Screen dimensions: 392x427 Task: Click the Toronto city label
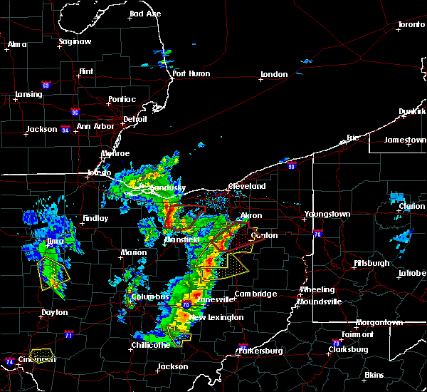click(x=411, y=25)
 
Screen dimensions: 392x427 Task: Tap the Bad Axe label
click(x=145, y=14)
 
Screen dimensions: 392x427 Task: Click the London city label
click(x=274, y=75)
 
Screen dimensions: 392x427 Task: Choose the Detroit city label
click(x=135, y=119)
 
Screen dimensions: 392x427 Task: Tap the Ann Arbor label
click(x=95, y=127)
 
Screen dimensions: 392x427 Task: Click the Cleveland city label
click(x=246, y=187)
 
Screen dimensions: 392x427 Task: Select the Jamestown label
click(x=405, y=140)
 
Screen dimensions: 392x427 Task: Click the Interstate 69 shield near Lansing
click(x=46, y=86)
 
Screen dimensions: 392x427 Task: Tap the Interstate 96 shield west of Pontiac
click(x=75, y=111)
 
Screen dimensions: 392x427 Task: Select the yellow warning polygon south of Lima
click(x=54, y=274)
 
